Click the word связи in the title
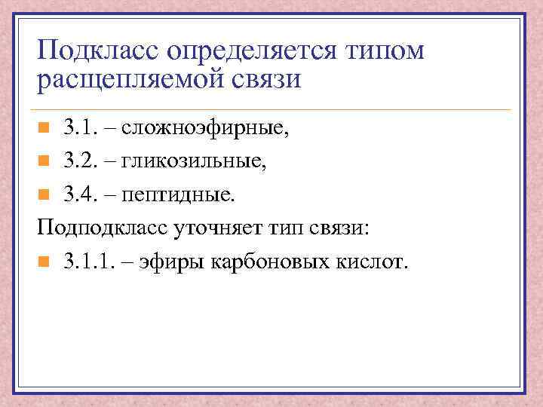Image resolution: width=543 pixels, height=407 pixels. point(264,78)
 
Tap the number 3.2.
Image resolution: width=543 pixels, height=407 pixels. point(79,161)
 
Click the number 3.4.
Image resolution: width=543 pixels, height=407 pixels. point(79,194)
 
